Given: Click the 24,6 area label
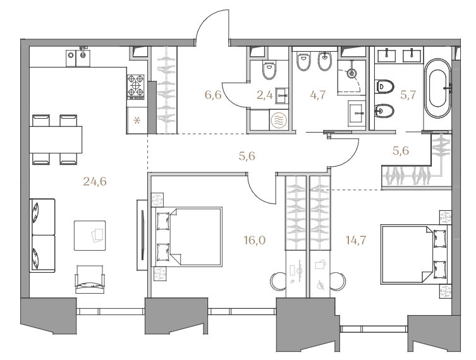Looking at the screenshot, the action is click(95, 182).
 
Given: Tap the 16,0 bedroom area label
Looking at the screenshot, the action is click(255, 241).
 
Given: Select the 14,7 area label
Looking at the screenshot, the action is click(356, 241).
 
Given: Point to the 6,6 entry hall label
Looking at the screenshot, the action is click(213, 95).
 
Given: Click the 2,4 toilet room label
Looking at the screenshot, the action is click(264, 95).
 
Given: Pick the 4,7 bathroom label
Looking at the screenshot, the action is click(318, 95).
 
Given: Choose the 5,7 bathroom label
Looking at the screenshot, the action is click(408, 95).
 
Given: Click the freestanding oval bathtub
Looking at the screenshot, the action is click(437, 88).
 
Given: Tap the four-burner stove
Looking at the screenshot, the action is click(135, 87).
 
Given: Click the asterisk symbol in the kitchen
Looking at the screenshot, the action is click(137, 121).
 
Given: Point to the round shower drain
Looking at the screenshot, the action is click(352, 73).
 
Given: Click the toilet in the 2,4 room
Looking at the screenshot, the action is click(269, 70).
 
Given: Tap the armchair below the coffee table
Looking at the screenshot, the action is click(90, 279).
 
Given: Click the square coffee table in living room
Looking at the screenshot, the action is click(90, 236).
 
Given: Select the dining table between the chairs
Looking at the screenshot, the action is click(56, 140).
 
